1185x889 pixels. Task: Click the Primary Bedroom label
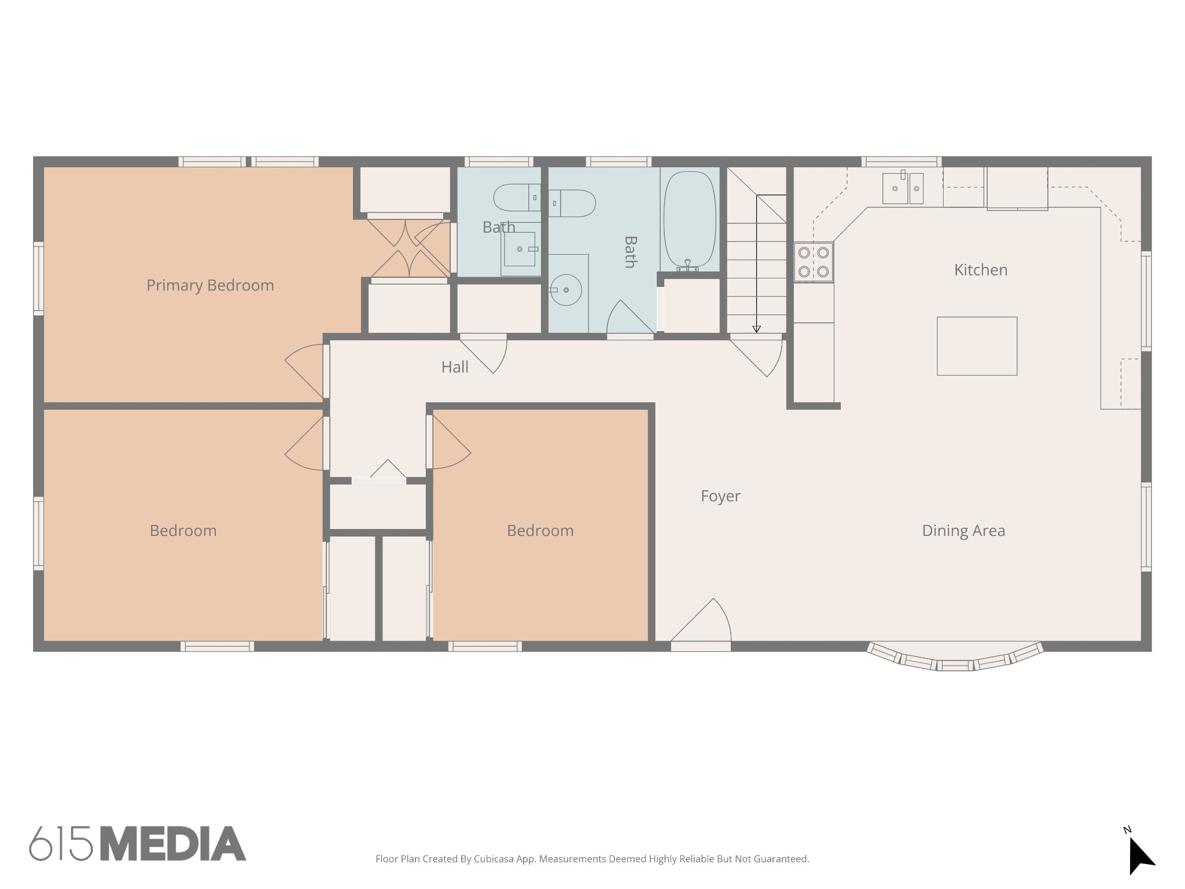[210, 285]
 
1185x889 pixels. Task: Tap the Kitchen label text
[981, 270]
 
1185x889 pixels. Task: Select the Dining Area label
[963, 531]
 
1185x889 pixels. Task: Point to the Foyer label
[720, 496]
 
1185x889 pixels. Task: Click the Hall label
[455, 367]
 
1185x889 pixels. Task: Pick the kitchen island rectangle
[977, 346]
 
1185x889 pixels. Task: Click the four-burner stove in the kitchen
[814, 262]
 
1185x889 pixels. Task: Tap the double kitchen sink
[903, 188]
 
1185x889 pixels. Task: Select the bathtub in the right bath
[689, 220]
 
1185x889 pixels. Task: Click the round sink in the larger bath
[565, 290]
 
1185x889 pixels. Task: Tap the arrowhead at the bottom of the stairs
[756, 329]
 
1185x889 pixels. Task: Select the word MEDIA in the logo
[174, 844]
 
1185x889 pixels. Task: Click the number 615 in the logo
[61, 844]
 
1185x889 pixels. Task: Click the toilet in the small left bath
[517, 197]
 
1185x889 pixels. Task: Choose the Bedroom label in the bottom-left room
[183, 531]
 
